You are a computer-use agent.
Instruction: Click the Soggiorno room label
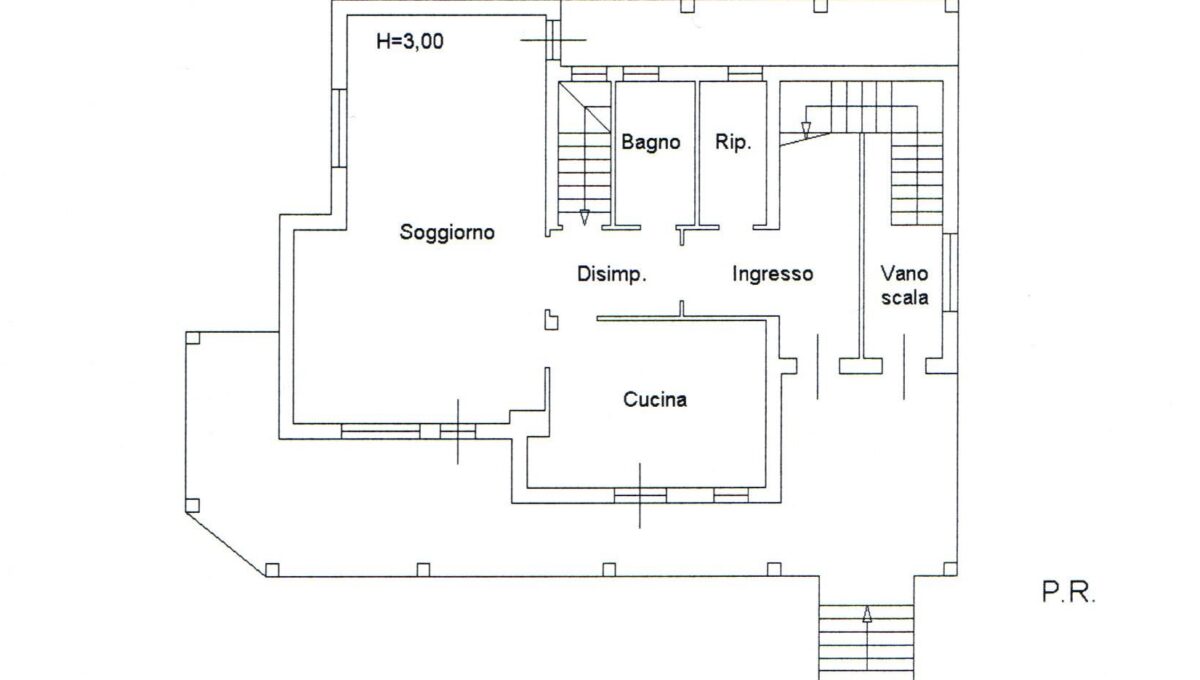(448, 232)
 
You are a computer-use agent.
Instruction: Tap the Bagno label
(651, 142)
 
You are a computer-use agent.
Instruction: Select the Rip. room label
(733, 142)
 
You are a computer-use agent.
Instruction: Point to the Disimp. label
(612, 273)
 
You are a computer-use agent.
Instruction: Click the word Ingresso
(772, 273)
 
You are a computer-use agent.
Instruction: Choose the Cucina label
(655, 400)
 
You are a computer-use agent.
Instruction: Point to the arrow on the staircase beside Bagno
(584, 216)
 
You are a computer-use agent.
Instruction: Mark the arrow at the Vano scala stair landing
(805, 127)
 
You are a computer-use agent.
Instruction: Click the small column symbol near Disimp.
(551, 319)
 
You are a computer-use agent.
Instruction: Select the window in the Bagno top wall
(640, 73)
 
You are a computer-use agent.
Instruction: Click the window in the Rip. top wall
(745, 73)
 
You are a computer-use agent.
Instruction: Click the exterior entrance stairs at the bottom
(866, 640)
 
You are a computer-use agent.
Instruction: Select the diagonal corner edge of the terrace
(226, 540)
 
